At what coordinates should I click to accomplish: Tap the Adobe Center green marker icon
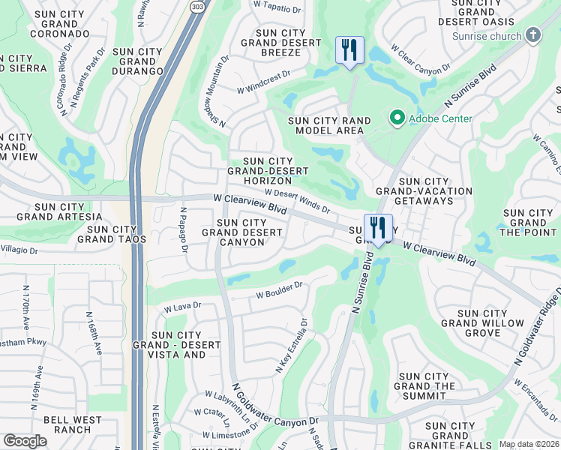point(396,118)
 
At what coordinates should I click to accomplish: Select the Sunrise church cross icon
point(532,35)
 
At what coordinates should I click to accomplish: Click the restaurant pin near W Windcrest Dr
point(349,50)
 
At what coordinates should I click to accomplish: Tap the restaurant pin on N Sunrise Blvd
point(378,228)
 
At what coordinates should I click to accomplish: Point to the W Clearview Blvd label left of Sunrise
point(250,204)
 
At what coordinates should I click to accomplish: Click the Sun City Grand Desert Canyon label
point(242,232)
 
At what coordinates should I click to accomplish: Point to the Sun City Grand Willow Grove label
point(472,322)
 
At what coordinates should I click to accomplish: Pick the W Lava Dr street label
point(183,306)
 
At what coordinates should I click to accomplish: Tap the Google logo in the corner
point(25,441)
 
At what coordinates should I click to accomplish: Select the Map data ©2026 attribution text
point(529,444)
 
